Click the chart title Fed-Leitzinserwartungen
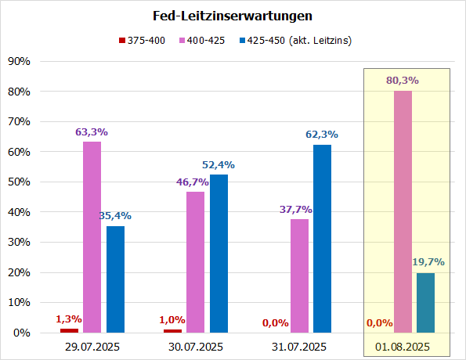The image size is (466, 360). pos(233,16)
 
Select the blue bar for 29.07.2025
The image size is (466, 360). pos(115,279)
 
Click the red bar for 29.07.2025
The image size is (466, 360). pos(69,330)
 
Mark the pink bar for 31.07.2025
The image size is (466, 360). pos(299,275)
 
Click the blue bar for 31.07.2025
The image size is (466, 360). pos(322,239)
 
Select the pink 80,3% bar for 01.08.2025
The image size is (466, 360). pos(403,211)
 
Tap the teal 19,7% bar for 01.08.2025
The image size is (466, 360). pos(425,303)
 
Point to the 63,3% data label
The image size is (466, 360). pos(92,132)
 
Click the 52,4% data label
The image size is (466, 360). pos(219,165)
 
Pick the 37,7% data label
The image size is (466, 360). pos(298,210)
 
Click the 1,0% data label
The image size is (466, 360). pos(172,319)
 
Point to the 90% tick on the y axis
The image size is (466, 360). pos(18,62)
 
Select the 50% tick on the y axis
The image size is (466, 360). pos(18,182)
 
